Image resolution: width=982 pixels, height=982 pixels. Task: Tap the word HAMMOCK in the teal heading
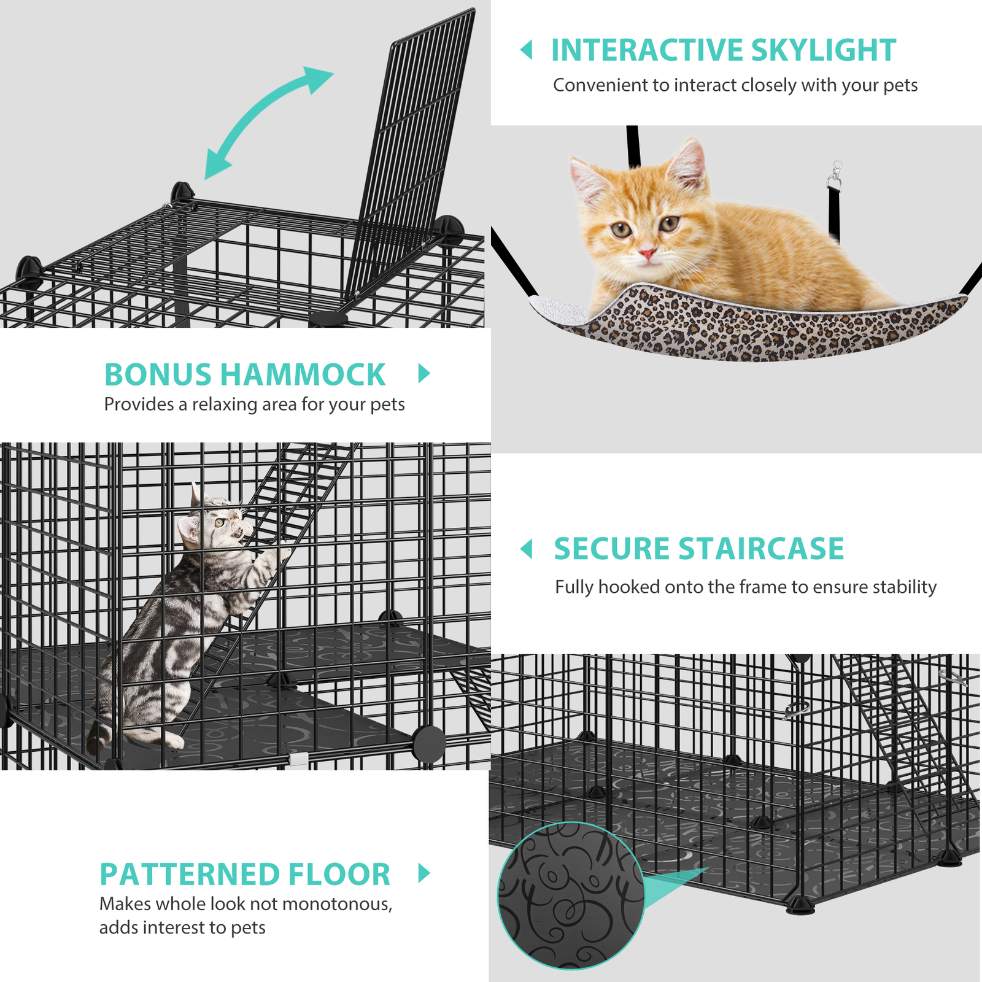click(303, 374)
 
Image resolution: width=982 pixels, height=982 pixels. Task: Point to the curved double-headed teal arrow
click(268, 123)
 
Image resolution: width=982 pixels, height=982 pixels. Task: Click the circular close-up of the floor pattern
click(571, 896)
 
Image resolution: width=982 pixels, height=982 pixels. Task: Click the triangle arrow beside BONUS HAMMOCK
click(423, 373)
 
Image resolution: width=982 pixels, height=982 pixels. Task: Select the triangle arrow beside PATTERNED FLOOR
click(423, 873)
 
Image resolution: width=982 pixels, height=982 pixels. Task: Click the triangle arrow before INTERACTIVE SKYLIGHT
click(527, 50)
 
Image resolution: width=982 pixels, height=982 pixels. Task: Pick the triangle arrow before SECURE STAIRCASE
click(527, 549)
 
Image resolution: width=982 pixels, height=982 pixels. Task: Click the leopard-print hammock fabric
click(736, 331)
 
